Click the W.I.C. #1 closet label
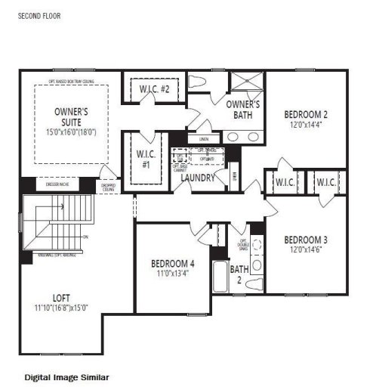146,159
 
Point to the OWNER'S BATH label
243,110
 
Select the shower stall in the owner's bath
245,83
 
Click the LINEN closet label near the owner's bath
203,139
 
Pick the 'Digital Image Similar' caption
67,376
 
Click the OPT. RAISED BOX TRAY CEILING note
72,79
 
